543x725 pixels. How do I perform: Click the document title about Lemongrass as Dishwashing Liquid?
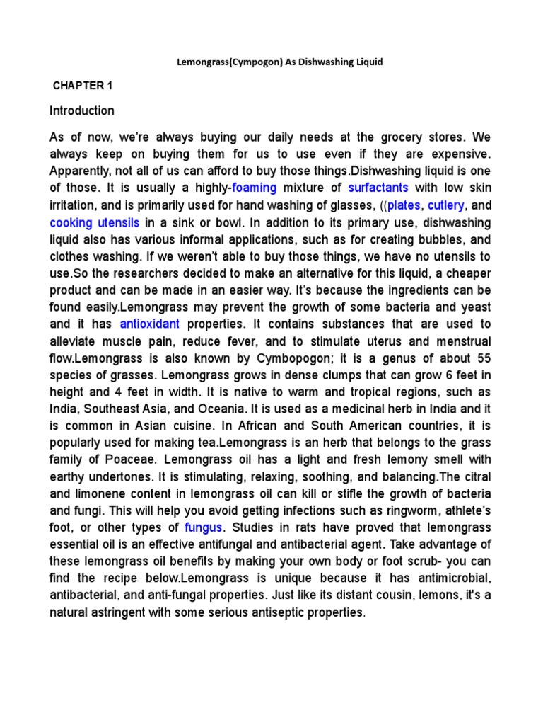(x=279, y=62)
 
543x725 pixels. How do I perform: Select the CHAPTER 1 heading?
(x=83, y=86)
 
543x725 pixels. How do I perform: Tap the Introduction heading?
(x=82, y=110)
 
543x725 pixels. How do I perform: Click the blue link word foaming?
(x=259, y=188)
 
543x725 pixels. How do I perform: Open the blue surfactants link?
(x=378, y=188)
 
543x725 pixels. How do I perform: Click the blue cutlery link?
(x=445, y=205)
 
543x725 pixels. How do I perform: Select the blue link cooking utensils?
(x=95, y=222)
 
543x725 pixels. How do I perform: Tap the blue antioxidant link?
(x=150, y=324)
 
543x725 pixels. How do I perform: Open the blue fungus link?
(x=204, y=527)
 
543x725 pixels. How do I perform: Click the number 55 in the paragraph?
(x=483, y=358)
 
